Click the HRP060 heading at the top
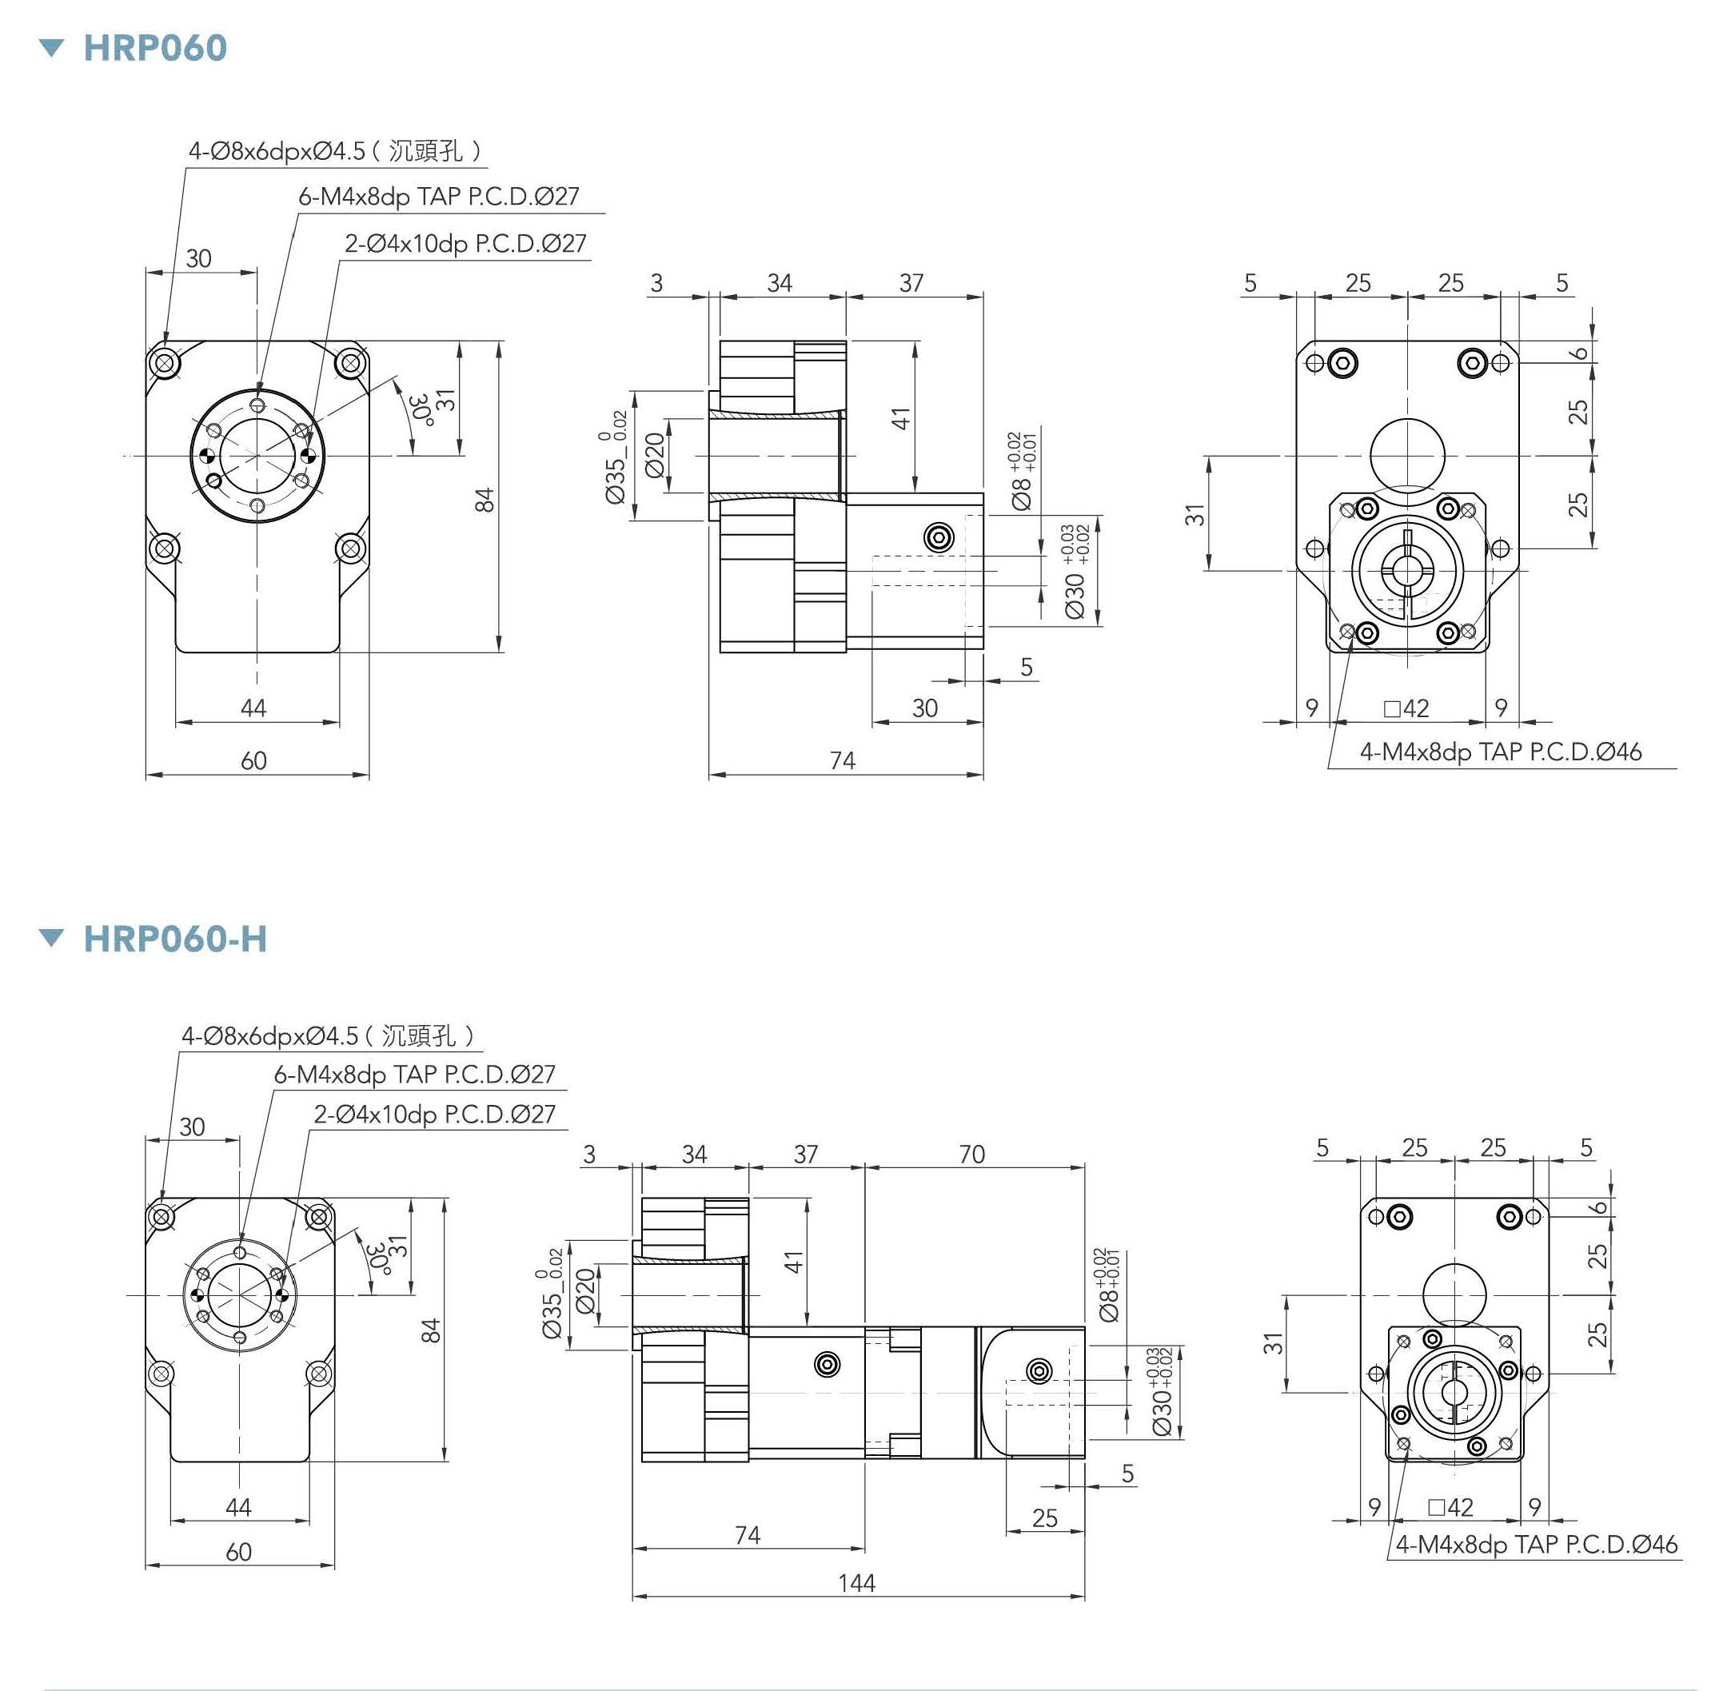[x=154, y=48]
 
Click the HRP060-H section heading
[x=174, y=939]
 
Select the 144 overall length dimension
[x=856, y=1581]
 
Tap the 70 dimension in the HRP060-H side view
[x=971, y=1154]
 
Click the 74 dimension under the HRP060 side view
[x=842, y=760]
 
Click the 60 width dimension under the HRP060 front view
[x=253, y=760]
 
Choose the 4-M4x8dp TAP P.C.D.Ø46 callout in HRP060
[x=1501, y=752]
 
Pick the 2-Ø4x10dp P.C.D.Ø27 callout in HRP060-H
[x=434, y=1114]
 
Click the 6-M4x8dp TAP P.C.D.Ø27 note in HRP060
[x=439, y=196]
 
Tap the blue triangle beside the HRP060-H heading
[x=53, y=938]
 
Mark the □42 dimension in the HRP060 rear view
[x=1406, y=708]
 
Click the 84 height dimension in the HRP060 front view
[x=485, y=499]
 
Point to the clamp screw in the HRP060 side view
[x=939, y=536]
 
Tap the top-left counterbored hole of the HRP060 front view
[x=164, y=363]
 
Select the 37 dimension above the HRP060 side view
[x=912, y=282]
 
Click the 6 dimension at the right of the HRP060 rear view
[x=1579, y=352]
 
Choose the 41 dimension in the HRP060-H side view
[x=794, y=1261]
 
